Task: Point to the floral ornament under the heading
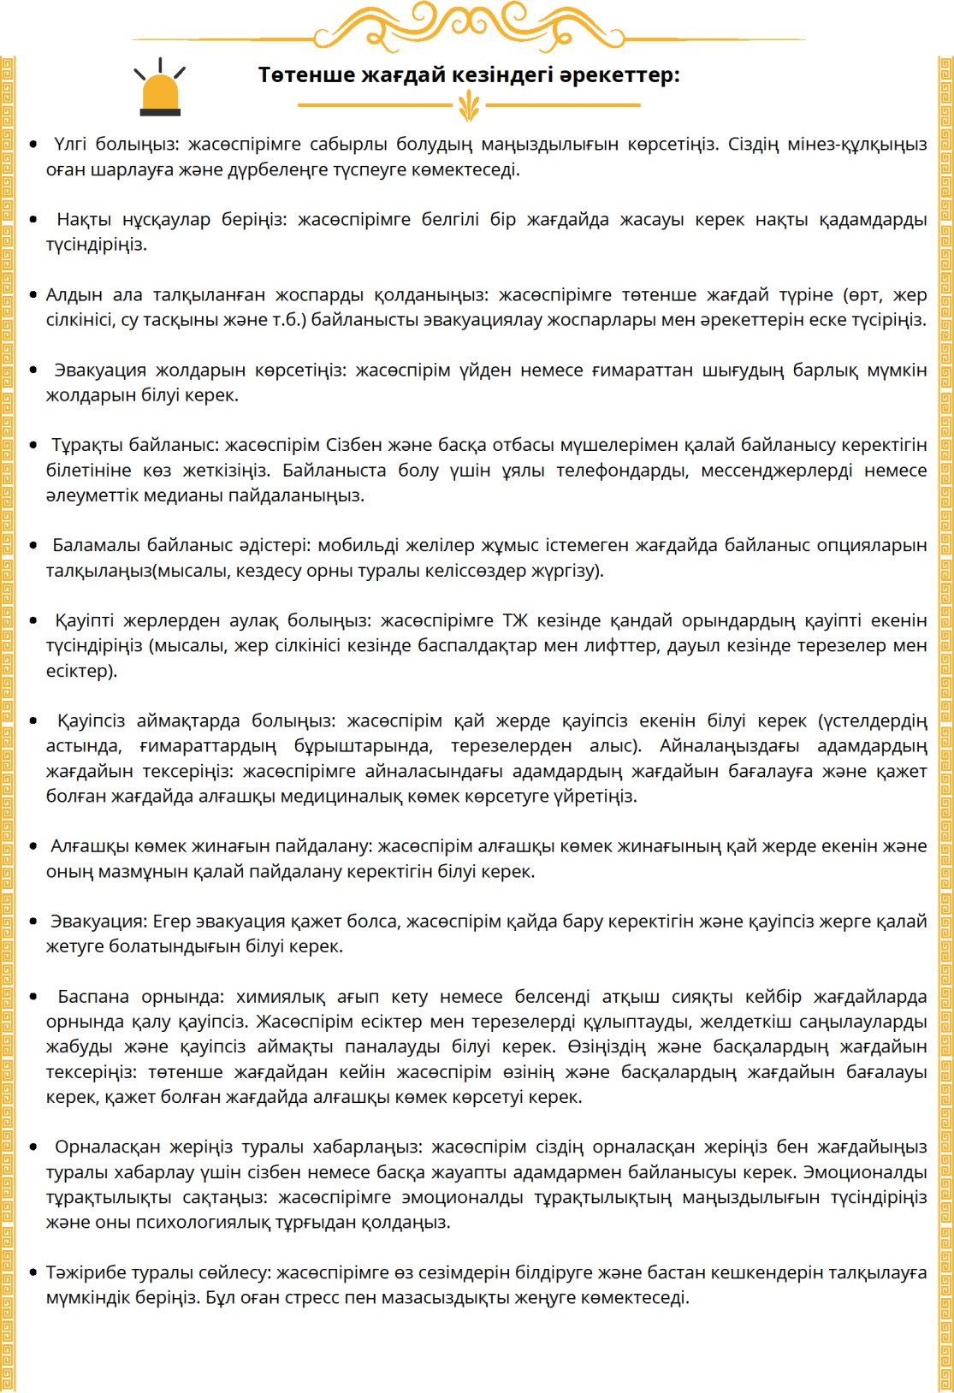coord(469,106)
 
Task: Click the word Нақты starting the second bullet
coord(84,219)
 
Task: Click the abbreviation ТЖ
coord(515,620)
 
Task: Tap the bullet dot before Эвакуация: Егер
coord(33,922)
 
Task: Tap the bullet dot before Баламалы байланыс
coord(33,545)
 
